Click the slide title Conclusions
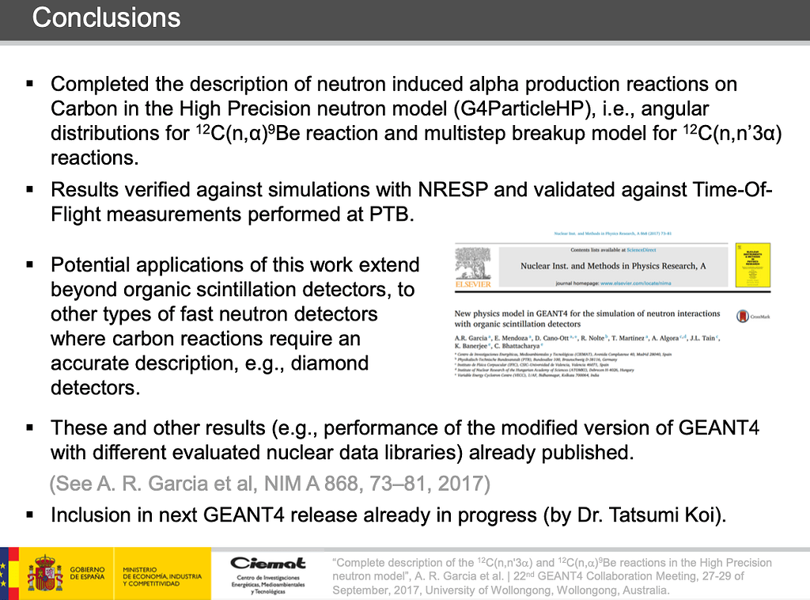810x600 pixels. pos(106,17)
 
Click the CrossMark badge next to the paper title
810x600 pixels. pos(743,316)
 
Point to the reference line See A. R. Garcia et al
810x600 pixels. pos(270,484)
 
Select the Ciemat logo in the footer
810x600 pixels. pos(268,563)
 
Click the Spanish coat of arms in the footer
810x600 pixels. pos(44,573)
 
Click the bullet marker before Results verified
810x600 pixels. pos(31,189)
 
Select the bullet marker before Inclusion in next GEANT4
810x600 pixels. pos(31,515)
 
